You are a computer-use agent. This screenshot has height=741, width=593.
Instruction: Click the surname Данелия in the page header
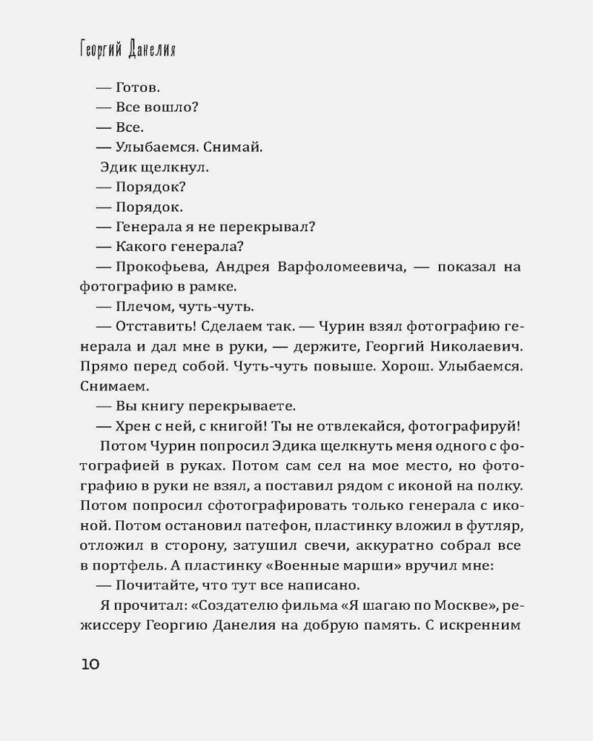click(153, 53)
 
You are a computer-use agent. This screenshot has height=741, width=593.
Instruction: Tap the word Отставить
click(153, 326)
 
